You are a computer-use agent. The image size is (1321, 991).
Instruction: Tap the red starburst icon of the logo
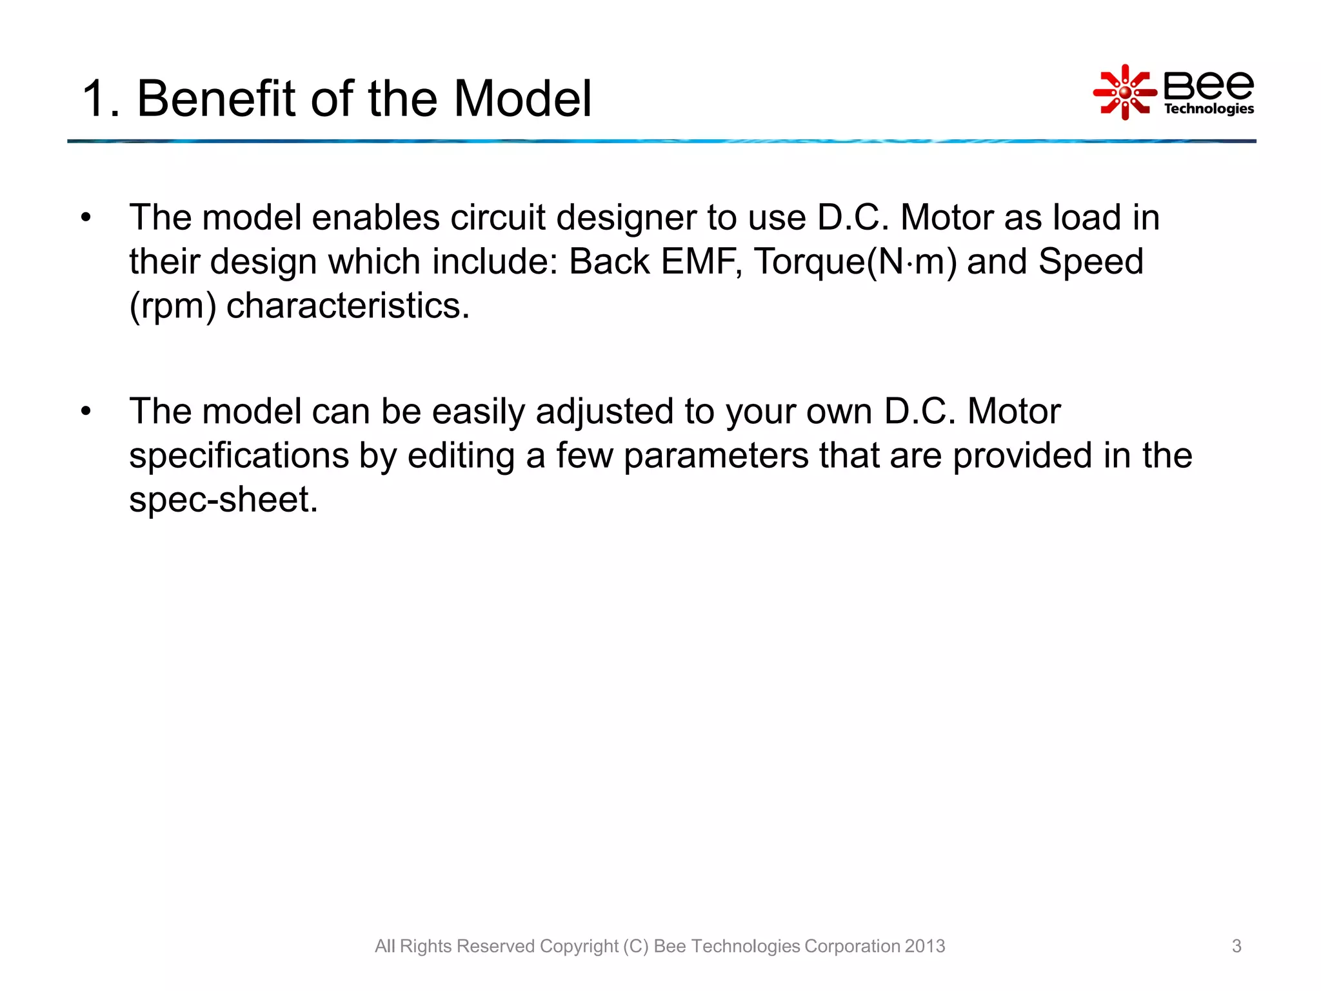point(1124,92)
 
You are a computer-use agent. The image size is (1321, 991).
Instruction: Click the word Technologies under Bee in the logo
point(1208,109)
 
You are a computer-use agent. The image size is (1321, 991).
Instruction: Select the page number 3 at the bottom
point(1236,946)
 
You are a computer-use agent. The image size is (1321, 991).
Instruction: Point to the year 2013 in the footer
point(925,946)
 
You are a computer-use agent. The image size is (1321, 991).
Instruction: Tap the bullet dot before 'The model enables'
point(86,217)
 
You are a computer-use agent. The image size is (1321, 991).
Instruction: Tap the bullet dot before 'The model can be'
point(86,412)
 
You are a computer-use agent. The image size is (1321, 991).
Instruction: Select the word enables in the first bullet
point(375,217)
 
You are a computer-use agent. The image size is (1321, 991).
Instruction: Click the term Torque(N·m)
point(855,262)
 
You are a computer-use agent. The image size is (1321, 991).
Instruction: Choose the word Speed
point(1090,262)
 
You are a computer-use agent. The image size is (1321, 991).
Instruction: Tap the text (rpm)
point(172,306)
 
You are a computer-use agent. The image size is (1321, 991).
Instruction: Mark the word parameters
point(716,456)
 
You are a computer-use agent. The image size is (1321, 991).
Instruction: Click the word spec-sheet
point(223,500)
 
